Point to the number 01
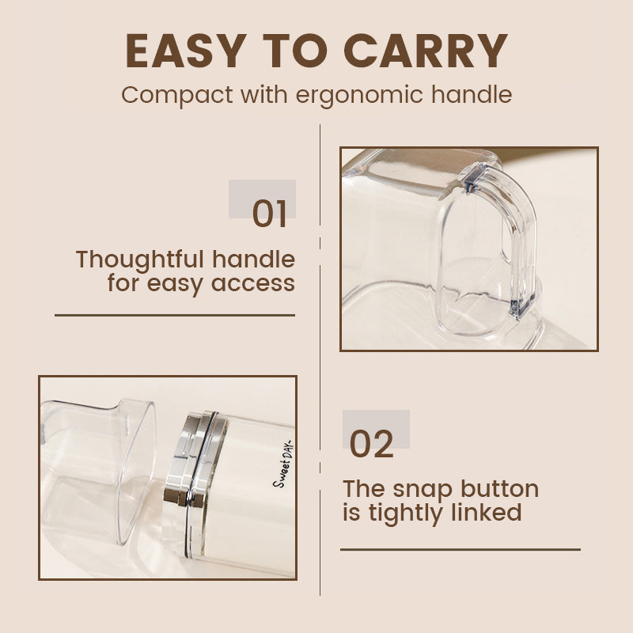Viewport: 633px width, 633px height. [270, 214]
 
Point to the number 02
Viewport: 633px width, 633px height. [371, 445]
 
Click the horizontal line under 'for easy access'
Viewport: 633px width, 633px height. [174, 315]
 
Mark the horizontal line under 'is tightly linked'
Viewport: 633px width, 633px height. [460, 549]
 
